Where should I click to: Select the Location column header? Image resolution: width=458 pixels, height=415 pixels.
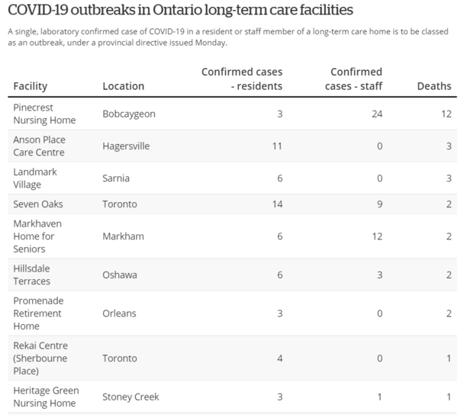[x=123, y=86]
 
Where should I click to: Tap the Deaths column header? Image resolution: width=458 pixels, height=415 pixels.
[x=434, y=86]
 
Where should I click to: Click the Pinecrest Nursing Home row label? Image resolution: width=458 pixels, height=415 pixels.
[x=44, y=114]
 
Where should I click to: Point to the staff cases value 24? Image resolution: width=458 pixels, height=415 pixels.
[x=376, y=114]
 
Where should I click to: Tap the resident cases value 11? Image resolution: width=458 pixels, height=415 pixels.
[x=277, y=146]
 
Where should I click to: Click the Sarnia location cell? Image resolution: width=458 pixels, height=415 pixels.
[x=116, y=179]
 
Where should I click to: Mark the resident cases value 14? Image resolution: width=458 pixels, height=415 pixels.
[x=276, y=204]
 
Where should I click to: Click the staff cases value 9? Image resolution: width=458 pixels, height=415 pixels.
[x=379, y=204]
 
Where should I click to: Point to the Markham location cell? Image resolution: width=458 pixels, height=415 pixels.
[x=123, y=236]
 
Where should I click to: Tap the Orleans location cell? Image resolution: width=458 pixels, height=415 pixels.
[x=121, y=313]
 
